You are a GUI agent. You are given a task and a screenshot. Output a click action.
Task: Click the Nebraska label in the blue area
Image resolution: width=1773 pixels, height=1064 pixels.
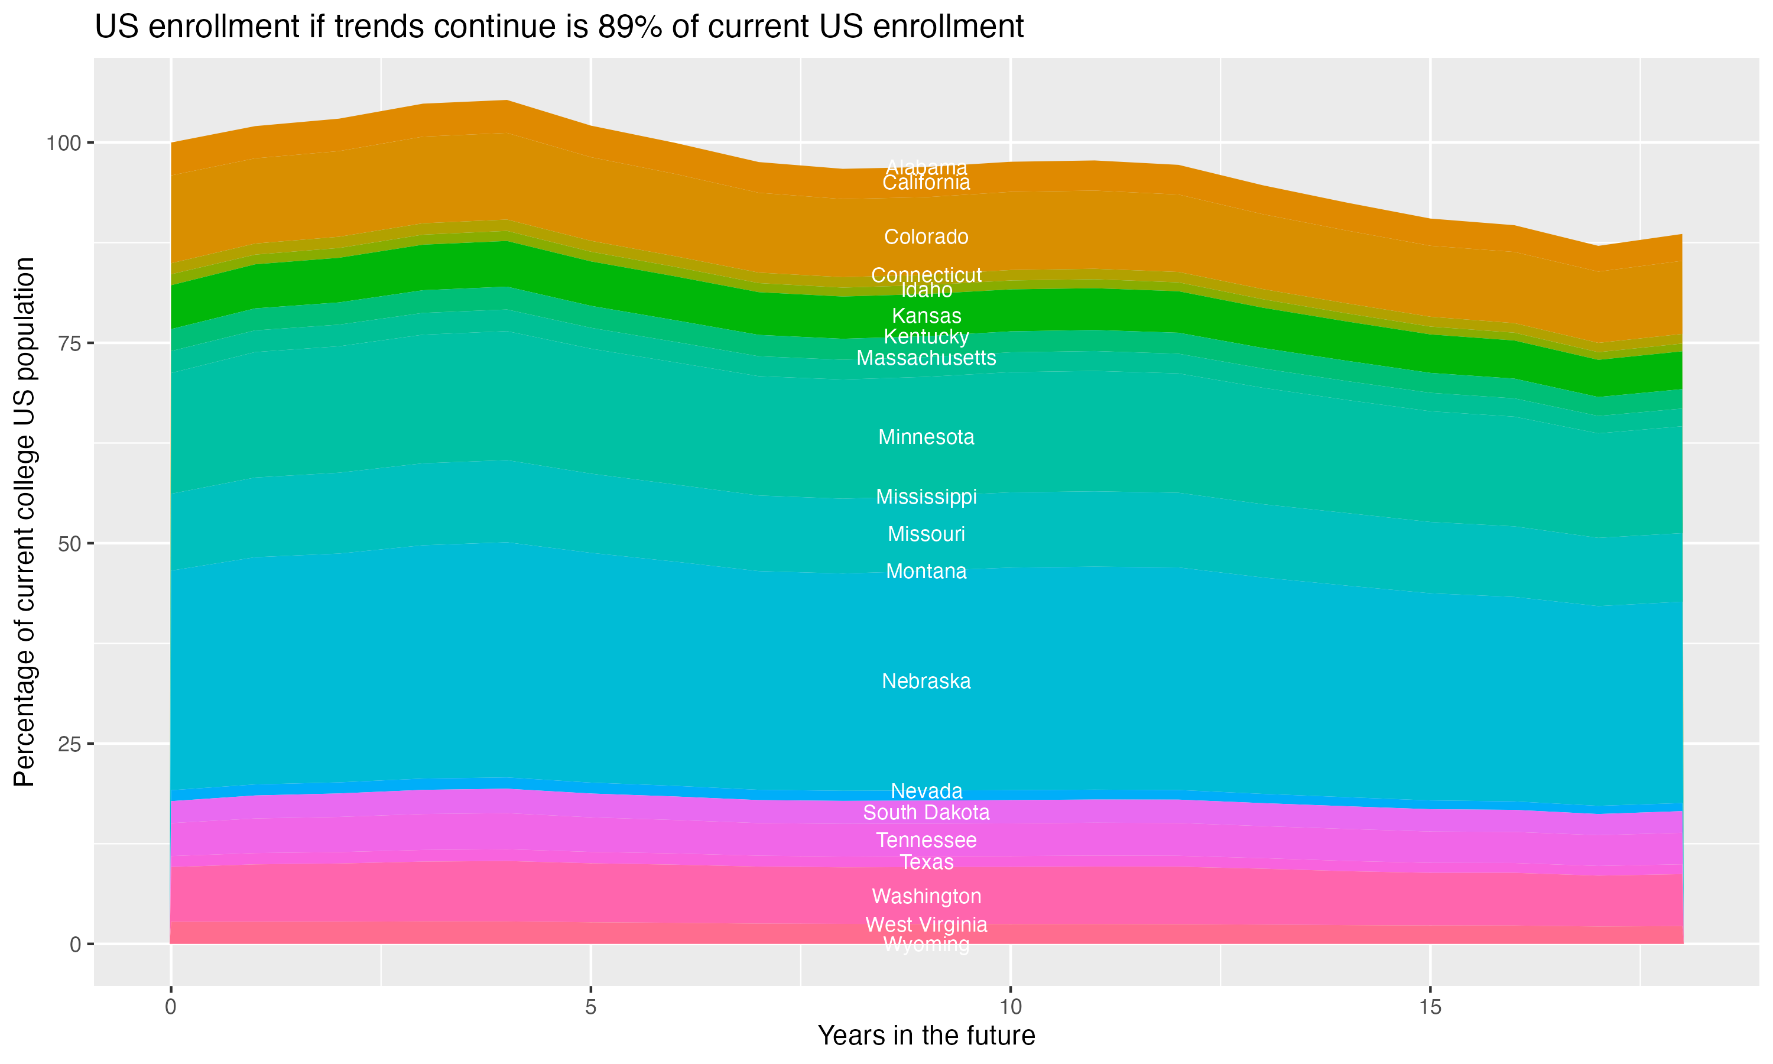926,681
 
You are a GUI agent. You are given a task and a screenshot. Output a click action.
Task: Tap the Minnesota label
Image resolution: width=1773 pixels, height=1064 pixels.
926,437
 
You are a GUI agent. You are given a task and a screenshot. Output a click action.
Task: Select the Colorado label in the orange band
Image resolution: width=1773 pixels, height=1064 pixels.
926,236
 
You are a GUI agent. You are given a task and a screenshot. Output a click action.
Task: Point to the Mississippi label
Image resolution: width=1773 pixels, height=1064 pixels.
926,497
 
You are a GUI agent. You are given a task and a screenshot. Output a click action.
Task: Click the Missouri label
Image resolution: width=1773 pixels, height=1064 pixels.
926,534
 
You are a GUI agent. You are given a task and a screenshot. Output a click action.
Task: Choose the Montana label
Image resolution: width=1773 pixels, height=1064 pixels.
926,572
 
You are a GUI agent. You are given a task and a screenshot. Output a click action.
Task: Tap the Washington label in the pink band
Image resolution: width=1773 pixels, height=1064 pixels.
926,896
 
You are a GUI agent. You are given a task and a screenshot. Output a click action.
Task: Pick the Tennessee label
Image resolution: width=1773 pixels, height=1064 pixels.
926,841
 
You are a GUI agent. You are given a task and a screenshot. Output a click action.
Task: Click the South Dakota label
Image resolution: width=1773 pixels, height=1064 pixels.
926,812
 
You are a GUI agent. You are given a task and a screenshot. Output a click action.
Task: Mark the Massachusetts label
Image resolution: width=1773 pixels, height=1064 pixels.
926,358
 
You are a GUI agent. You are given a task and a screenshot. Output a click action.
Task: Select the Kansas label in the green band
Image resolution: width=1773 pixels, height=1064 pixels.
926,316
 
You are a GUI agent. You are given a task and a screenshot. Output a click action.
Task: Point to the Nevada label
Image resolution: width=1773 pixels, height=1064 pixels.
926,791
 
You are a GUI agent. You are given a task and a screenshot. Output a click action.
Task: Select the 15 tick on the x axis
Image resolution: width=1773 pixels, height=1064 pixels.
1430,1007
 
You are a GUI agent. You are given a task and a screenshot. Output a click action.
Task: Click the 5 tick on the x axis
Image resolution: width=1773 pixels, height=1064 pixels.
590,1007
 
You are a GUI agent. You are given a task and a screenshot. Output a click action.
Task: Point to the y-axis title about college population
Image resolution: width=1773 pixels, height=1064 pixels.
24,522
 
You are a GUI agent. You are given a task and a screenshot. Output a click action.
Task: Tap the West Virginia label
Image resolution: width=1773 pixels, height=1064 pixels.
926,925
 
